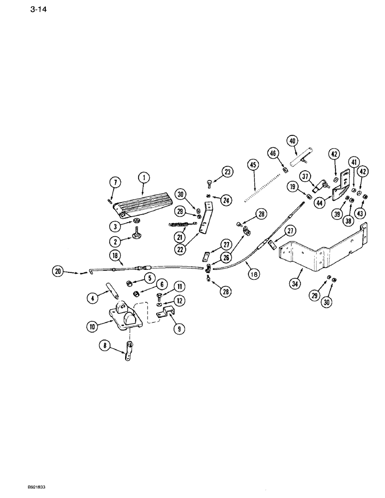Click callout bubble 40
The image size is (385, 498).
[292, 141]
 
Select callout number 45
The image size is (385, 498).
[253, 165]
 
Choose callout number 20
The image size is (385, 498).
[59, 271]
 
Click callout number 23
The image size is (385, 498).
[228, 172]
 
